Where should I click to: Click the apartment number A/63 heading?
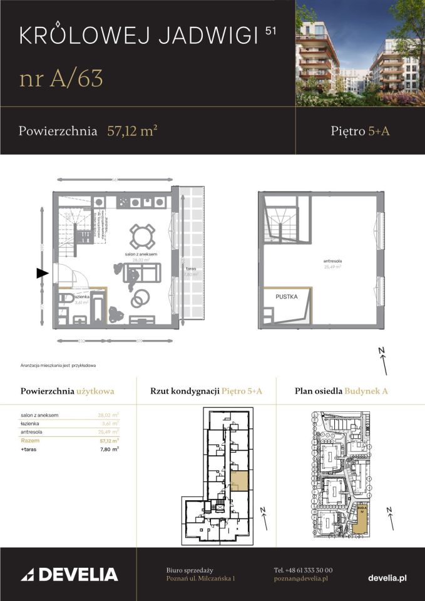click(x=61, y=79)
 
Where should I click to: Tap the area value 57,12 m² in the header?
click(x=131, y=131)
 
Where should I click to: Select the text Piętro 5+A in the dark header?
click(x=361, y=131)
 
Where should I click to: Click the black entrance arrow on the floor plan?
click(x=42, y=273)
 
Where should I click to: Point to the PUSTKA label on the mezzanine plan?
click(x=285, y=297)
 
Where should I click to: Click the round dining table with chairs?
click(x=142, y=236)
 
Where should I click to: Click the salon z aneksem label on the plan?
click(x=140, y=254)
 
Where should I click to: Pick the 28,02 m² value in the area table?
click(x=108, y=414)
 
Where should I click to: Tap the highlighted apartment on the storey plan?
click(x=239, y=481)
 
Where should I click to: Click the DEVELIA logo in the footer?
click(x=69, y=574)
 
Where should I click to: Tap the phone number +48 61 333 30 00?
click(x=304, y=570)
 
